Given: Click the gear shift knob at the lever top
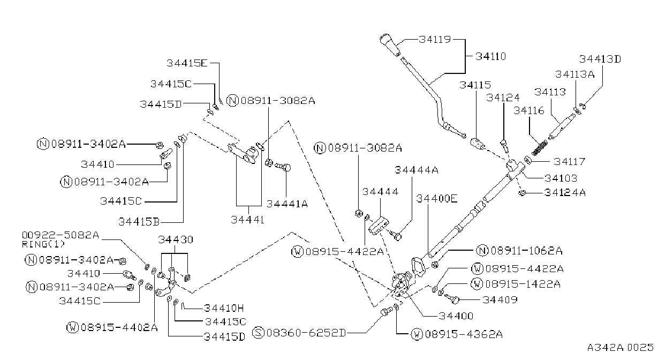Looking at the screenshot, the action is (390, 45).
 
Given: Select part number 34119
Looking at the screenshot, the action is (435, 40).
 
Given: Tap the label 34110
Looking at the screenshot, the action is (490, 56).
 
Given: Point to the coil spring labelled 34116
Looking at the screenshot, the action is (540, 148).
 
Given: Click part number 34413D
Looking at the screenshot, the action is (600, 59).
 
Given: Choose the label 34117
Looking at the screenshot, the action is (569, 161).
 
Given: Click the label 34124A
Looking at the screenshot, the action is (565, 192).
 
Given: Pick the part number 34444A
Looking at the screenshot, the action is (416, 170).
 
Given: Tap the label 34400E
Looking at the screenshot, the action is (437, 199).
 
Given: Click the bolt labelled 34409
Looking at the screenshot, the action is (451, 298).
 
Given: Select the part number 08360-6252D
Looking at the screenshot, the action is (306, 333).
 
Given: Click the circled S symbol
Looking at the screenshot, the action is (258, 333).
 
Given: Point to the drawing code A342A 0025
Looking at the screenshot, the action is (620, 348).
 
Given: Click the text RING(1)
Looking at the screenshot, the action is (43, 244).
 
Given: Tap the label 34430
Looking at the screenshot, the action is (176, 239).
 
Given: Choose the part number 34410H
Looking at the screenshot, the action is (224, 308).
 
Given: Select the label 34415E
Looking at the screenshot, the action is (187, 63).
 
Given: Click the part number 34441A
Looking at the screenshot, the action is (287, 204).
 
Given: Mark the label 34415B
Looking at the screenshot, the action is (139, 222).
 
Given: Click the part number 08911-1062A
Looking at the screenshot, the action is (527, 251).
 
